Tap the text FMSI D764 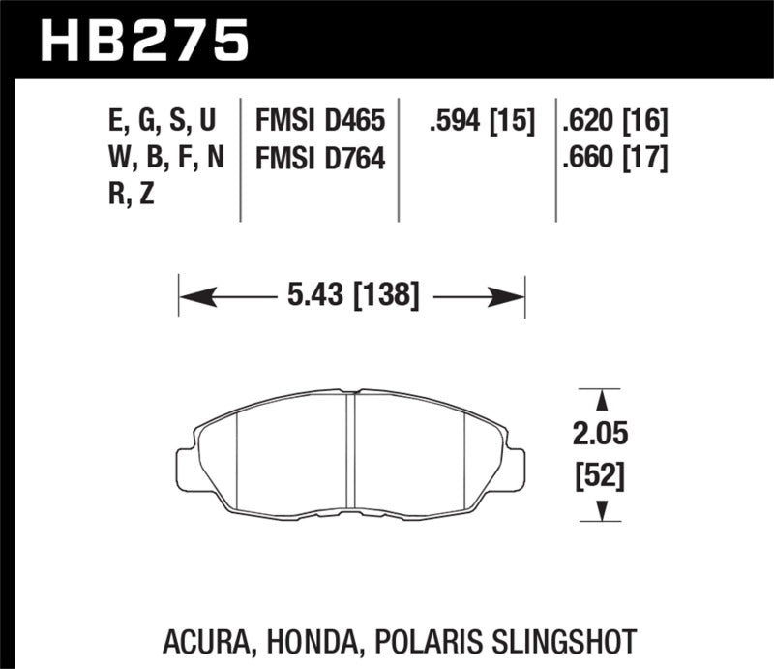[x=320, y=158]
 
